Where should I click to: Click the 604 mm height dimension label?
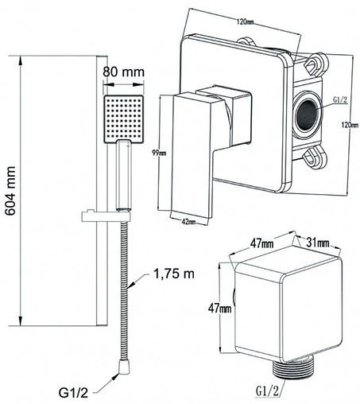click(x=10, y=191)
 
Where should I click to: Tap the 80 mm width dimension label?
click(x=123, y=72)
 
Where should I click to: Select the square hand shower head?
click(x=124, y=119)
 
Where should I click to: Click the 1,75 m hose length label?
click(x=174, y=274)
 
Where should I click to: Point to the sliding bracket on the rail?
click(x=106, y=216)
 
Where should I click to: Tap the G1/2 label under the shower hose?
click(x=73, y=393)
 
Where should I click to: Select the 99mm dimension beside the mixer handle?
click(x=159, y=153)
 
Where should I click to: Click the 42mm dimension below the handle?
click(x=188, y=221)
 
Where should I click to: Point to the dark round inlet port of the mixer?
click(x=307, y=115)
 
